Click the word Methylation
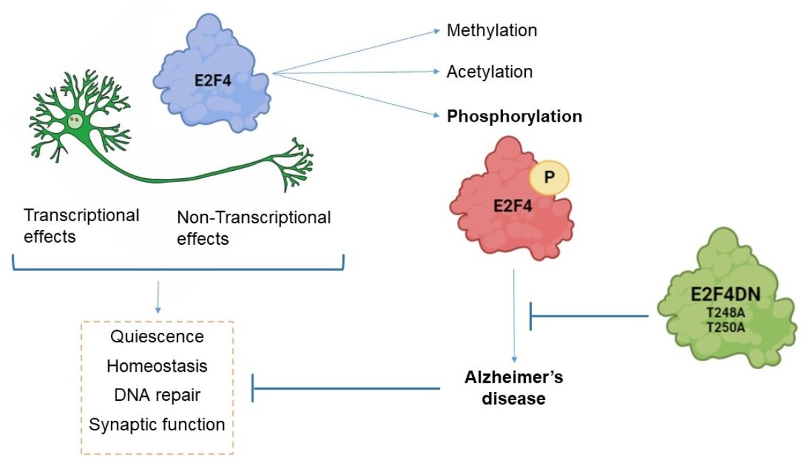pos(492,30)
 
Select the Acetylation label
pos(490,71)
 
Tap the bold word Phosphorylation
pos(514,116)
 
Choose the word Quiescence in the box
pos(156,336)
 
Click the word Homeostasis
pos(157,366)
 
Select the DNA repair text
pos(157,395)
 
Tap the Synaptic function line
pos(157,425)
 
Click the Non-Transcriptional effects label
pos(254,227)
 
